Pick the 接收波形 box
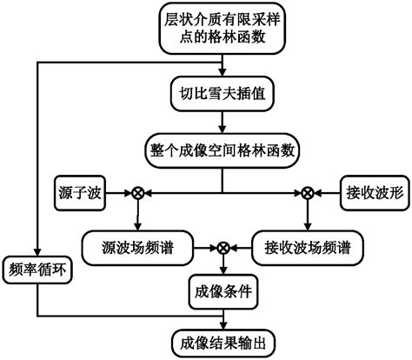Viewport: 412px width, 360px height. point(369,194)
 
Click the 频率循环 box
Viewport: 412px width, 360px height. point(38,270)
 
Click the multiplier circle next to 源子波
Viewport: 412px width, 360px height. point(136,194)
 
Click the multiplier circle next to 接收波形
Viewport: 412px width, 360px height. point(306,194)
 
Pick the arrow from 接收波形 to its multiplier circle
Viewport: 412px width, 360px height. point(325,194)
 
